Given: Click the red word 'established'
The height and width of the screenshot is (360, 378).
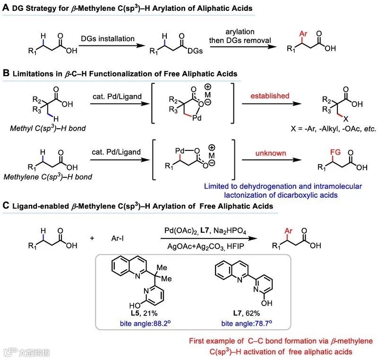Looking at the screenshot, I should pos(271,96).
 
